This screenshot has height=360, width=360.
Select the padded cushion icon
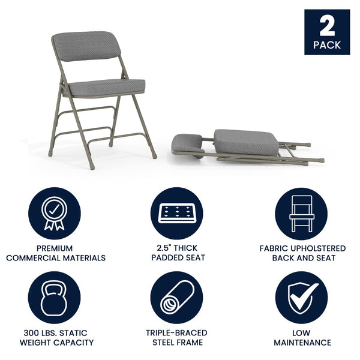[x=176, y=213]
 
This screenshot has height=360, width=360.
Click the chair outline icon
[x=301, y=214]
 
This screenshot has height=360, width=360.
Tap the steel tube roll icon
[x=176, y=298]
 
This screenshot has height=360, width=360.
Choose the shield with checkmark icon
[x=301, y=298]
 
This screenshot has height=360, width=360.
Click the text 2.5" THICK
[x=176, y=248]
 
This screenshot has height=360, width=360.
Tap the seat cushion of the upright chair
[x=105, y=87]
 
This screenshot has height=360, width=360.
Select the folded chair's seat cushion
[x=246, y=141]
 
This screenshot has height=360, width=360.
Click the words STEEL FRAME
[x=176, y=343]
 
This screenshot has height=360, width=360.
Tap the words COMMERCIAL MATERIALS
[x=56, y=258]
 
